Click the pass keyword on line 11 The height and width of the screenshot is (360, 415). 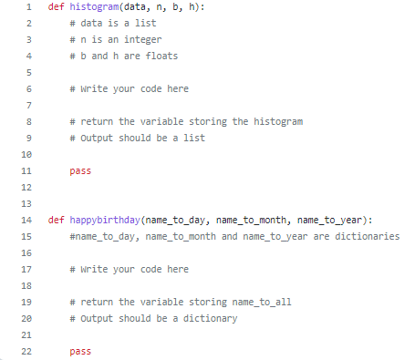tap(79, 170)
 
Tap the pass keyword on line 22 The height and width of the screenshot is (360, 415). tap(79, 351)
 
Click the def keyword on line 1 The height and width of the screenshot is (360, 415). tap(56, 7)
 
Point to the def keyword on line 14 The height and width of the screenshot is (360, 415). tap(56, 220)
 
